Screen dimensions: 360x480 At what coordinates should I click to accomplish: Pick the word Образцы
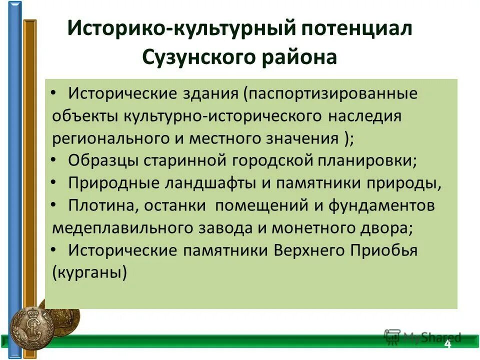pos(104,161)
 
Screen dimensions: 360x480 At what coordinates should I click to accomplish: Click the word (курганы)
pos(89,273)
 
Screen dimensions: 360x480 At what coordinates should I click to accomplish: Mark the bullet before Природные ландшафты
pos(54,182)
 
